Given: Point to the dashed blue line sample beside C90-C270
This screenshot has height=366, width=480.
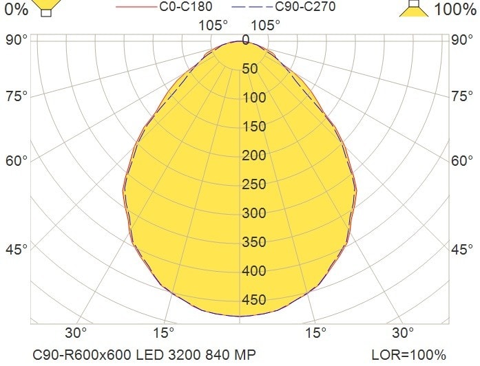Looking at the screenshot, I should [252, 8].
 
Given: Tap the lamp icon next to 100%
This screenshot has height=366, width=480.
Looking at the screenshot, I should [413, 8].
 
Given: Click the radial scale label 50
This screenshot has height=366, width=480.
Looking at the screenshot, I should [250, 69].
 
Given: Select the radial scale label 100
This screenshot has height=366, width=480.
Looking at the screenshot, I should [254, 98].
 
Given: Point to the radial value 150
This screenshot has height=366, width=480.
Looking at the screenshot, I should [254, 127].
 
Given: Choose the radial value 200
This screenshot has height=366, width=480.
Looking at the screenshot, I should [254, 155].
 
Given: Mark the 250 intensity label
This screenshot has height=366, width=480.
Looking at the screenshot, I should [254, 184].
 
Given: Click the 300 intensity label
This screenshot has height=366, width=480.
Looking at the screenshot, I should [254, 213].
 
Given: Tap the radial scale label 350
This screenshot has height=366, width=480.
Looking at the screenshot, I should [254, 242].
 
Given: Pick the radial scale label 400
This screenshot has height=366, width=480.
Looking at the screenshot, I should [254, 271].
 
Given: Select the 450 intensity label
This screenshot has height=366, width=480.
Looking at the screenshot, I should [254, 300].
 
